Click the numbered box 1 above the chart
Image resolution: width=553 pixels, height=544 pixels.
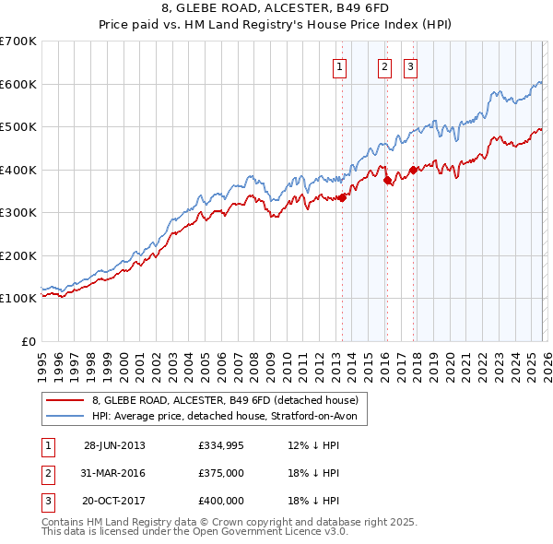(339, 65)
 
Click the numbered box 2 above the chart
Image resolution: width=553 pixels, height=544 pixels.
(383, 65)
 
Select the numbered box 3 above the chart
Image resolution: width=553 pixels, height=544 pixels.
(409, 65)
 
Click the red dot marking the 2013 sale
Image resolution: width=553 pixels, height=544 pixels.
(342, 196)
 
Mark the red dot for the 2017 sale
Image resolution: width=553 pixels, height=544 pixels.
(413, 169)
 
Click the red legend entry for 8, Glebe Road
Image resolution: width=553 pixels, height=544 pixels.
(230, 399)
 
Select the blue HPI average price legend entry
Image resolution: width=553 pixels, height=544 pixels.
(229, 417)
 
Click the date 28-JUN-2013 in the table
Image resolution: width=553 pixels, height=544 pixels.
(114, 445)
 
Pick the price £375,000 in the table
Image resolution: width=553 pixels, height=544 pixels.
(221, 473)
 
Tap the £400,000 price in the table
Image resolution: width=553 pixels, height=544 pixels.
(221, 501)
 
